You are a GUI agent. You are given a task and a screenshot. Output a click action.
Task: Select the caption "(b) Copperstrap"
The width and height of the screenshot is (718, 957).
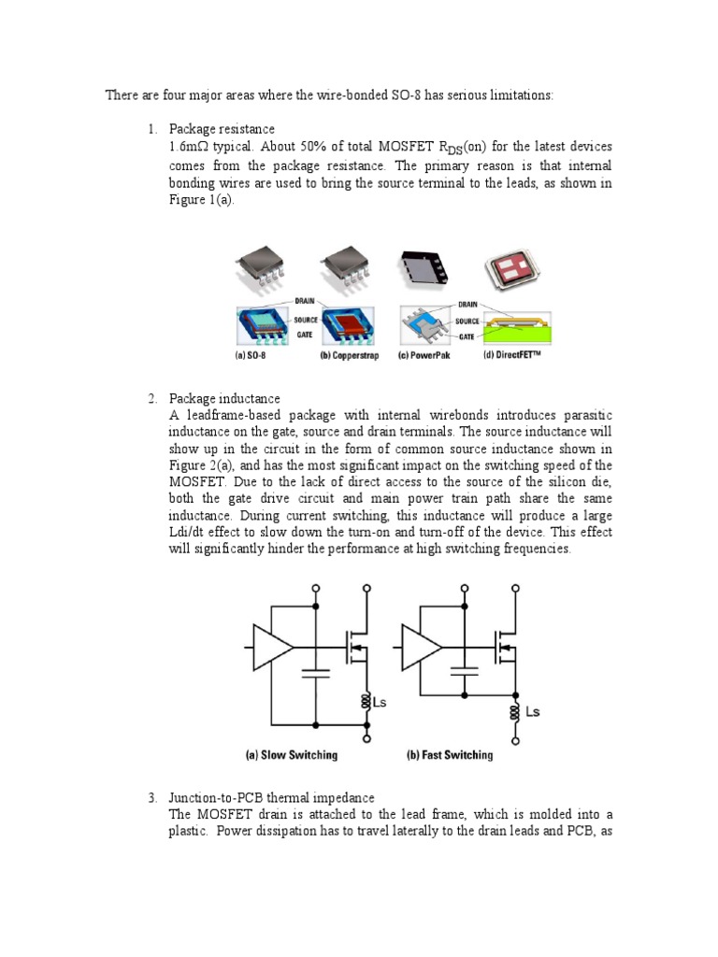[349, 356]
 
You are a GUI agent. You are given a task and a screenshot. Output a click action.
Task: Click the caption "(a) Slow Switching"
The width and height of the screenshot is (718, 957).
[291, 755]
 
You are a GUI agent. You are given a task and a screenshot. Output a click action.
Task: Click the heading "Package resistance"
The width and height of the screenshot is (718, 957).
[222, 128]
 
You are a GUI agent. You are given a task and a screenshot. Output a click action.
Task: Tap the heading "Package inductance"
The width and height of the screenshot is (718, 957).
[223, 399]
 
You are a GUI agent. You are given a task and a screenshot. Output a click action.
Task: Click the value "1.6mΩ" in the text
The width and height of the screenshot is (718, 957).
[192, 148]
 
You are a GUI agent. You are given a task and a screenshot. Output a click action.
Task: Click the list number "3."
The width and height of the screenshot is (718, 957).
[153, 797]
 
